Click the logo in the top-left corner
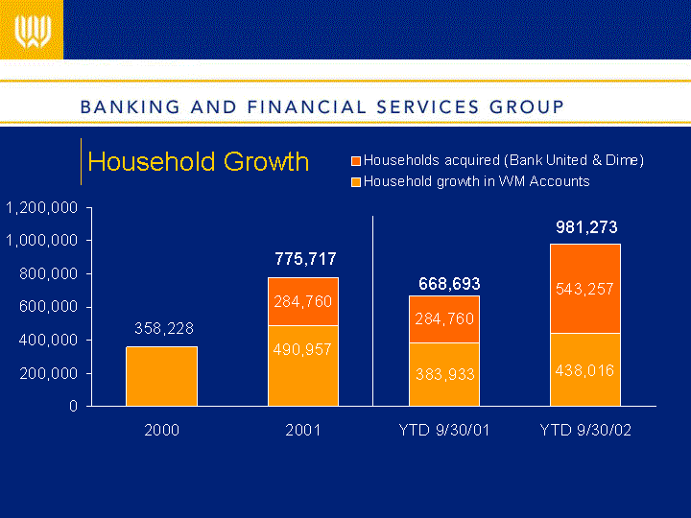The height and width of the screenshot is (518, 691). [x=33, y=32]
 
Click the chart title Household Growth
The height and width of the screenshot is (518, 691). [x=199, y=162]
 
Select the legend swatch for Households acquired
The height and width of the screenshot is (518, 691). [x=356, y=161]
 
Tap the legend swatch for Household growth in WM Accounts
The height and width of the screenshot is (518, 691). [x=356, y=182]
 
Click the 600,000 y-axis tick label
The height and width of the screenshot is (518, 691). [x=49, y=307]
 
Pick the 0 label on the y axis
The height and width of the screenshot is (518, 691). [x=73, y=406]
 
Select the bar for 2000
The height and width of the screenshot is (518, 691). [x=162, y=376]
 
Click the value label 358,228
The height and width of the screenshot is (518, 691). [x=164, y=328]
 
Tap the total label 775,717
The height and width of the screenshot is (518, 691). [x=305, y=259]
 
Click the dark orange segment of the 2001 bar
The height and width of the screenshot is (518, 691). [x=303, y=301]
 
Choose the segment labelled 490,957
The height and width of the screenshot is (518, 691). [x=303, y=365]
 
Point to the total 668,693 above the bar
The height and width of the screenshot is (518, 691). [x=449, y=284]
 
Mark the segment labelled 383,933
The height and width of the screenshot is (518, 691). [x=444, y=374]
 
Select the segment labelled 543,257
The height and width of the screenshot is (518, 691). [x=585, y=289]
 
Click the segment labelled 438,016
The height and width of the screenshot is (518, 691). [x=585, y=369]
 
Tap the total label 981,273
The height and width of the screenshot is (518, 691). [x=586, y=227]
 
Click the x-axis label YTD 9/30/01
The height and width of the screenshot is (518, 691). [x=444, y=430]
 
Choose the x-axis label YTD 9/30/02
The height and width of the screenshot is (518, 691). [x=585, y=430]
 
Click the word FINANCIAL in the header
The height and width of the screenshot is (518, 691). [x=307, y=107]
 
